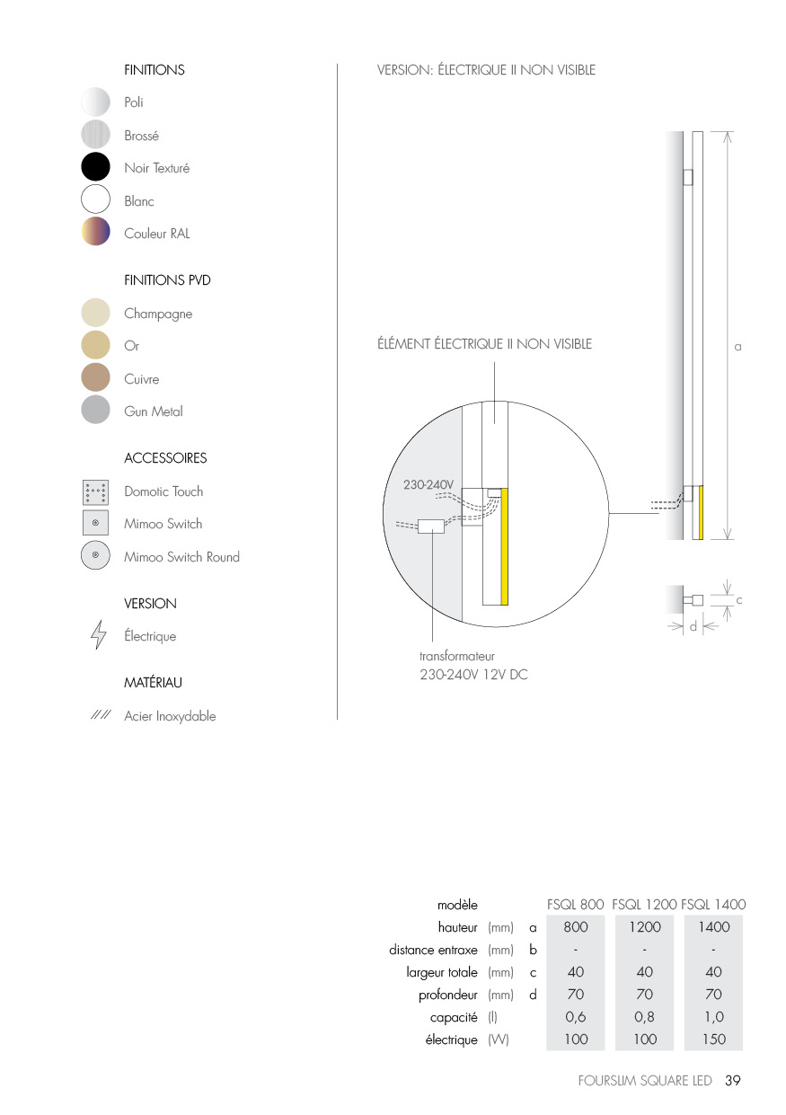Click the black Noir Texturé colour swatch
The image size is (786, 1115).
[x=95, y=166]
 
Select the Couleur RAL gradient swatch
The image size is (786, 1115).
[x=95, y=231]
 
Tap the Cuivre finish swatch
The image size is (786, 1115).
[x=95, y=376]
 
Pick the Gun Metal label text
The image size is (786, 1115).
[x=154, y=411]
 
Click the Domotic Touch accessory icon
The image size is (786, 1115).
[x=95, y=492]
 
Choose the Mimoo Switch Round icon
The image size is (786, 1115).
[x=95, y=554]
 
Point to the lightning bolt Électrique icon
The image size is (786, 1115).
[x=99, y=634]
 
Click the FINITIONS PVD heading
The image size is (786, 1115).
[x=167, y=280]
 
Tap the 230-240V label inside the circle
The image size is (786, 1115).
[x=428, y=484]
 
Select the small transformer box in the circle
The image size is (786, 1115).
[x=430, y=527]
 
